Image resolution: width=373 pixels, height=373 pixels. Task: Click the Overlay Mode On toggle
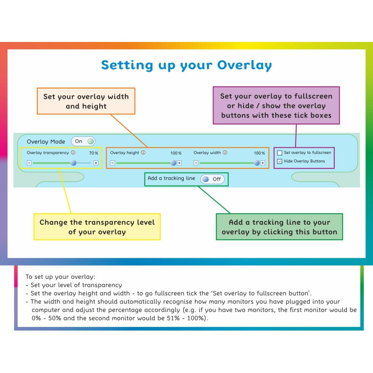pyautogui.click(x=83, y=141)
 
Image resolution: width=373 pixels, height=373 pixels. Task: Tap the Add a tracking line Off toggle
pyautogui.click(x=213, y=179)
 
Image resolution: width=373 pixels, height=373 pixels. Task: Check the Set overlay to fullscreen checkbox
pyautogui.click(x=280, y=153)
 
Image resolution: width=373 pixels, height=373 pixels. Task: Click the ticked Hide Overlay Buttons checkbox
pyautogui.click(x=280, y=161)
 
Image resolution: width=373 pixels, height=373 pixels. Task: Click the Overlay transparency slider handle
pyautogui.click(x=74, y=163)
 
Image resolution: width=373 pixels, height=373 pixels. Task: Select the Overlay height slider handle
pyautogui.click(x=173, y=163)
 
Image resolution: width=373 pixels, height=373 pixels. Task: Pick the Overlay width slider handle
pyautogui.click(x=257, y=163)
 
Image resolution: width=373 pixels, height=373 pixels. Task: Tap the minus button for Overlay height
pyautogui.click(x=113, y=163)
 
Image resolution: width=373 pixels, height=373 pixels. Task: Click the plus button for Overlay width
pyautogui.click(x=262, y=163)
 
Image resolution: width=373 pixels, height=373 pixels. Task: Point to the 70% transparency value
pyautogui.click(x=94, y=153)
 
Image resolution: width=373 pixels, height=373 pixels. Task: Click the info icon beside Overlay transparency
pyautogui.click(x=73, y=152)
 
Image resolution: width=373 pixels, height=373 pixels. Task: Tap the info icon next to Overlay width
pyautogui.click(x=225, y=152)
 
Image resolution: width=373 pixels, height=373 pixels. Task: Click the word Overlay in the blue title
pyautogui.click(x=244, y=65)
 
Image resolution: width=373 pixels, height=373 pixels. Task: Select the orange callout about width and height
pyautogui.click(x=86, y=101)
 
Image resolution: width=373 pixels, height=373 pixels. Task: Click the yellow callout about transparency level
pyautogui.click(x=97, y=227)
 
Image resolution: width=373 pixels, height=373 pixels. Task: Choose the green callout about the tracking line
pyautogui.click(x=279, y=227)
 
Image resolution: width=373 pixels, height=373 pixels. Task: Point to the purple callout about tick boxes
pyautogui.click(x=276, y=105)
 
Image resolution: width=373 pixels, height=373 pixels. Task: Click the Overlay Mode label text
pyautogui.click(x=46, y=142)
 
